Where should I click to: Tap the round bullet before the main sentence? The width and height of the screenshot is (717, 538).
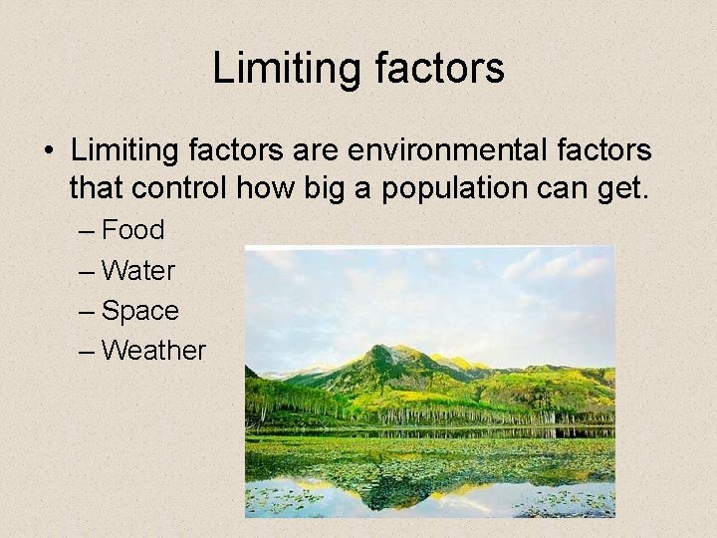[48, 152]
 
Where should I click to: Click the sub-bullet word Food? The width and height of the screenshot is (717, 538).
[133, 230]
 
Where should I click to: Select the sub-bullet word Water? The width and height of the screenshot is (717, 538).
[138, 270]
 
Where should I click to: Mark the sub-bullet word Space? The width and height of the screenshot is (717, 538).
[140, 311]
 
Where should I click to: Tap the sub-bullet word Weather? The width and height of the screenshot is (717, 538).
[153, 351]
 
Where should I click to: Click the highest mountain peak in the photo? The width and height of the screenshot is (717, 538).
[377, 349]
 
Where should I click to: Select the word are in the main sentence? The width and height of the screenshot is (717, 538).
[317, 151]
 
